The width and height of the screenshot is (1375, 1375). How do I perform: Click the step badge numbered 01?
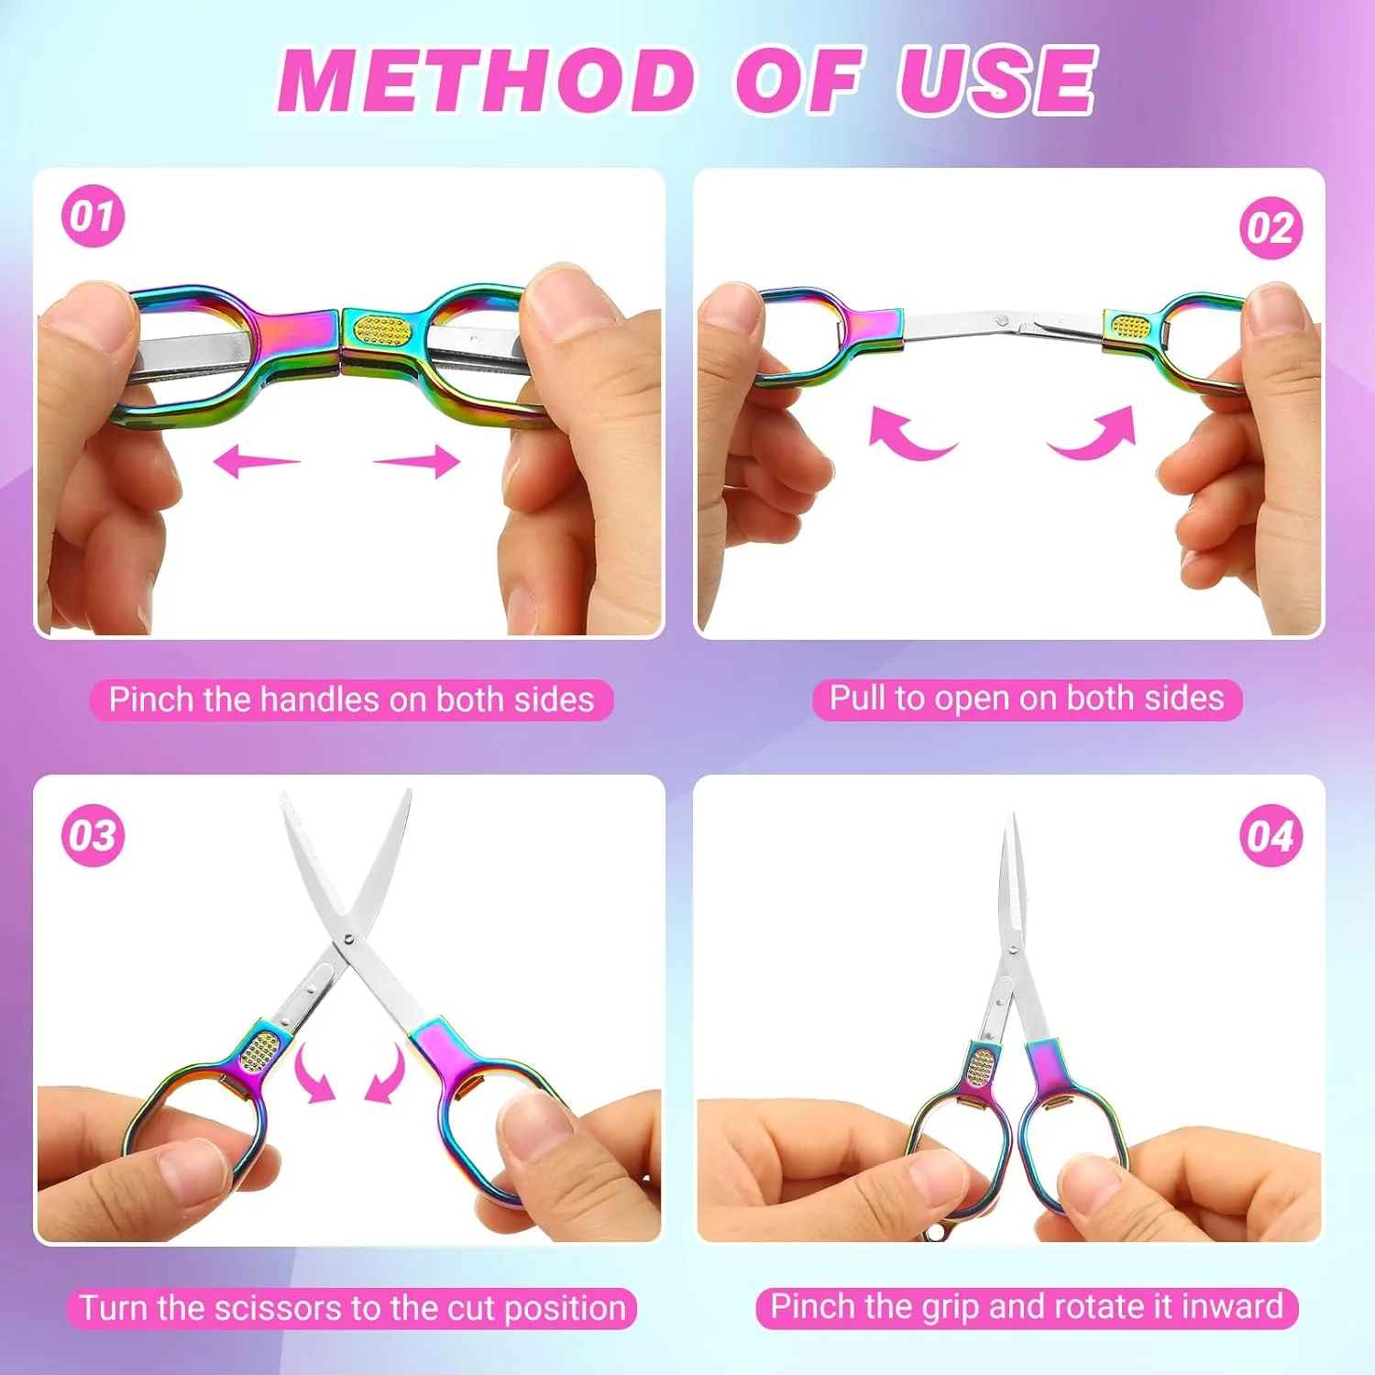click(x=93, y=216)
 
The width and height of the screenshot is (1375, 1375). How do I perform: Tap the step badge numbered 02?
click(x=1271, y=227)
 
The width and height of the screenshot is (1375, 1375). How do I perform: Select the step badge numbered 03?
click(x=93, y=835)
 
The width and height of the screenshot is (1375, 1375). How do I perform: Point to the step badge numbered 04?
click(x=1271, y=835)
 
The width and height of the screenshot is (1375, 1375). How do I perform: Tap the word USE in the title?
click(x=996, y=80)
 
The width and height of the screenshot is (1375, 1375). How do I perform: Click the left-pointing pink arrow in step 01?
click(x=256, y=460)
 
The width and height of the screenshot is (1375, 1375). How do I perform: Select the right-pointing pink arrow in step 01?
click(x=417, y=460)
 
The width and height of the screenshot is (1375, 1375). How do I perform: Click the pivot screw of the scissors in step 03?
click(x=346, y=938)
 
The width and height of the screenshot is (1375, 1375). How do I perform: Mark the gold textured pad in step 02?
click(x=1130, y=325)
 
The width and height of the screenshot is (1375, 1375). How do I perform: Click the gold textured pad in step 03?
click(x=260, y=1051)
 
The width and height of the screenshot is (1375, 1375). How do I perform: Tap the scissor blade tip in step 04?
click(x=1012, y=816)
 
